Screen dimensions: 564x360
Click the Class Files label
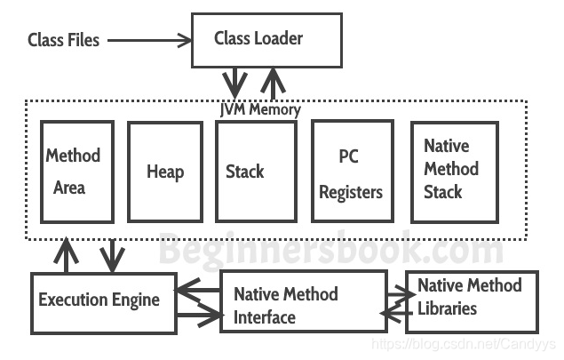63,40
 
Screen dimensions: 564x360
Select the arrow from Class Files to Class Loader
149,40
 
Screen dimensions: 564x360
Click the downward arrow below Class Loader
234,84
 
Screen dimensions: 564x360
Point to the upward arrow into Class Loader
273,84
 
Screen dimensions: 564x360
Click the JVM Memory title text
260,109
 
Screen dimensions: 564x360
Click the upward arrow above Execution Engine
66,255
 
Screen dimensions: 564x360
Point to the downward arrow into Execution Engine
113,256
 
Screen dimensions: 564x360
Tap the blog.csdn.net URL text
464,344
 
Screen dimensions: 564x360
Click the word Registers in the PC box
351,192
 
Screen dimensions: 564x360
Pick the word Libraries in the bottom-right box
447,308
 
